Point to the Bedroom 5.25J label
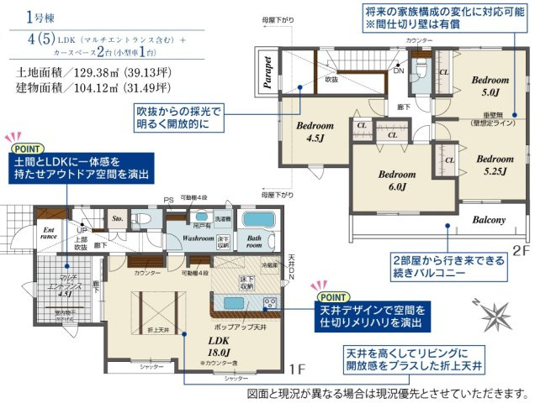[494, 165]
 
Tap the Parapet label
[267, 73]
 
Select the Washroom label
[198, 238]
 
